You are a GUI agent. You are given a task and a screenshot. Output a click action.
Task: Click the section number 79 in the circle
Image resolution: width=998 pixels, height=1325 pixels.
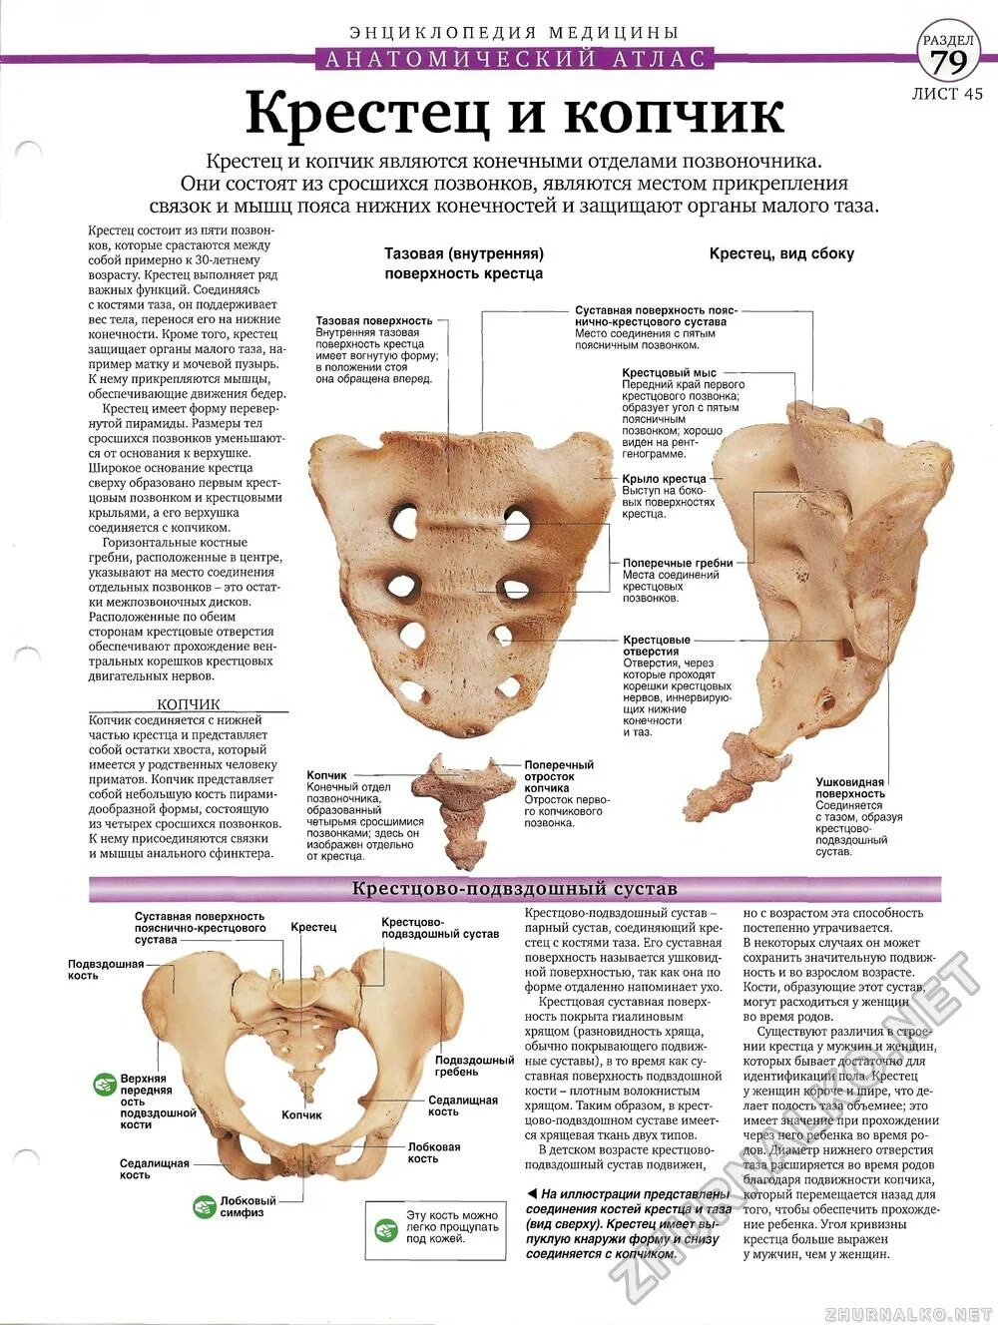(948, 62)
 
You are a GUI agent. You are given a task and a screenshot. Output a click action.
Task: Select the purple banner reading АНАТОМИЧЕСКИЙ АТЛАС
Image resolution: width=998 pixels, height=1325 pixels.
(515, 59)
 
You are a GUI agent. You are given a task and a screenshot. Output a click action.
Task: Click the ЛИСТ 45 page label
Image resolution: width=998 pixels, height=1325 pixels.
(947, 94)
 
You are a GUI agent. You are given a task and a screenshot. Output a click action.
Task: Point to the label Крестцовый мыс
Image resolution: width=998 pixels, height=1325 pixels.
(670, 373)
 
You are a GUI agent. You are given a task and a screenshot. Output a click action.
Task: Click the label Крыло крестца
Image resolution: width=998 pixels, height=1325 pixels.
(665, 479)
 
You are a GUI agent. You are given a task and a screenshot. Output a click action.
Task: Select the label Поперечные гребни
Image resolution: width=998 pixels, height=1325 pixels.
(678, 563)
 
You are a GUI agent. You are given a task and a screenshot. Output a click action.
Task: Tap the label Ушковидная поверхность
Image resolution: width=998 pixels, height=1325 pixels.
(850, 788)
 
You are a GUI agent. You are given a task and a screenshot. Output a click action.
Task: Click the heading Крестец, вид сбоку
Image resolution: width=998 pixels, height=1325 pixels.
(781, 253)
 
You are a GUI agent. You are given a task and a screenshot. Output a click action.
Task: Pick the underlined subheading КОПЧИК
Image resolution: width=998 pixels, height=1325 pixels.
(189, 703)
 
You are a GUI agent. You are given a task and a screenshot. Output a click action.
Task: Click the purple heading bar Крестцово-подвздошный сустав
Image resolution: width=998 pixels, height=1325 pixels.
(515, 888)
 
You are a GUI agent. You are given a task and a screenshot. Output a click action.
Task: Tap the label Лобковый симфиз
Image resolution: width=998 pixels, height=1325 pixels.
(249, 1206)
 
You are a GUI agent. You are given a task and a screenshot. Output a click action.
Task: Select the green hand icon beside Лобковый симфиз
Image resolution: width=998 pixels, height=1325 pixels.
(205, 1206)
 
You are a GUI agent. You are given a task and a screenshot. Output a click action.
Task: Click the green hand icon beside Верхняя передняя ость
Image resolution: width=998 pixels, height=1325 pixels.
(105, 1084)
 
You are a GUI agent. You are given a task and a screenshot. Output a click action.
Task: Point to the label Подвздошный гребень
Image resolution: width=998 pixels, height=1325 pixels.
(474, 1066)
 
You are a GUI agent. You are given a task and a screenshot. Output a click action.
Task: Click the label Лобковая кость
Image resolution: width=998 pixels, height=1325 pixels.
(434, 1152)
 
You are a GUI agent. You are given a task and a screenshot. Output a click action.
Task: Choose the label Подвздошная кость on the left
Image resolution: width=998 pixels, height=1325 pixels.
(106, 969)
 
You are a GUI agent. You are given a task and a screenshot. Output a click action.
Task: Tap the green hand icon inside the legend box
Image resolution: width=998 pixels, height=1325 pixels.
(386, 1229)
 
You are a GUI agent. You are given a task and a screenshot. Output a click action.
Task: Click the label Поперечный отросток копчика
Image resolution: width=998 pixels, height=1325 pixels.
(559, 776)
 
